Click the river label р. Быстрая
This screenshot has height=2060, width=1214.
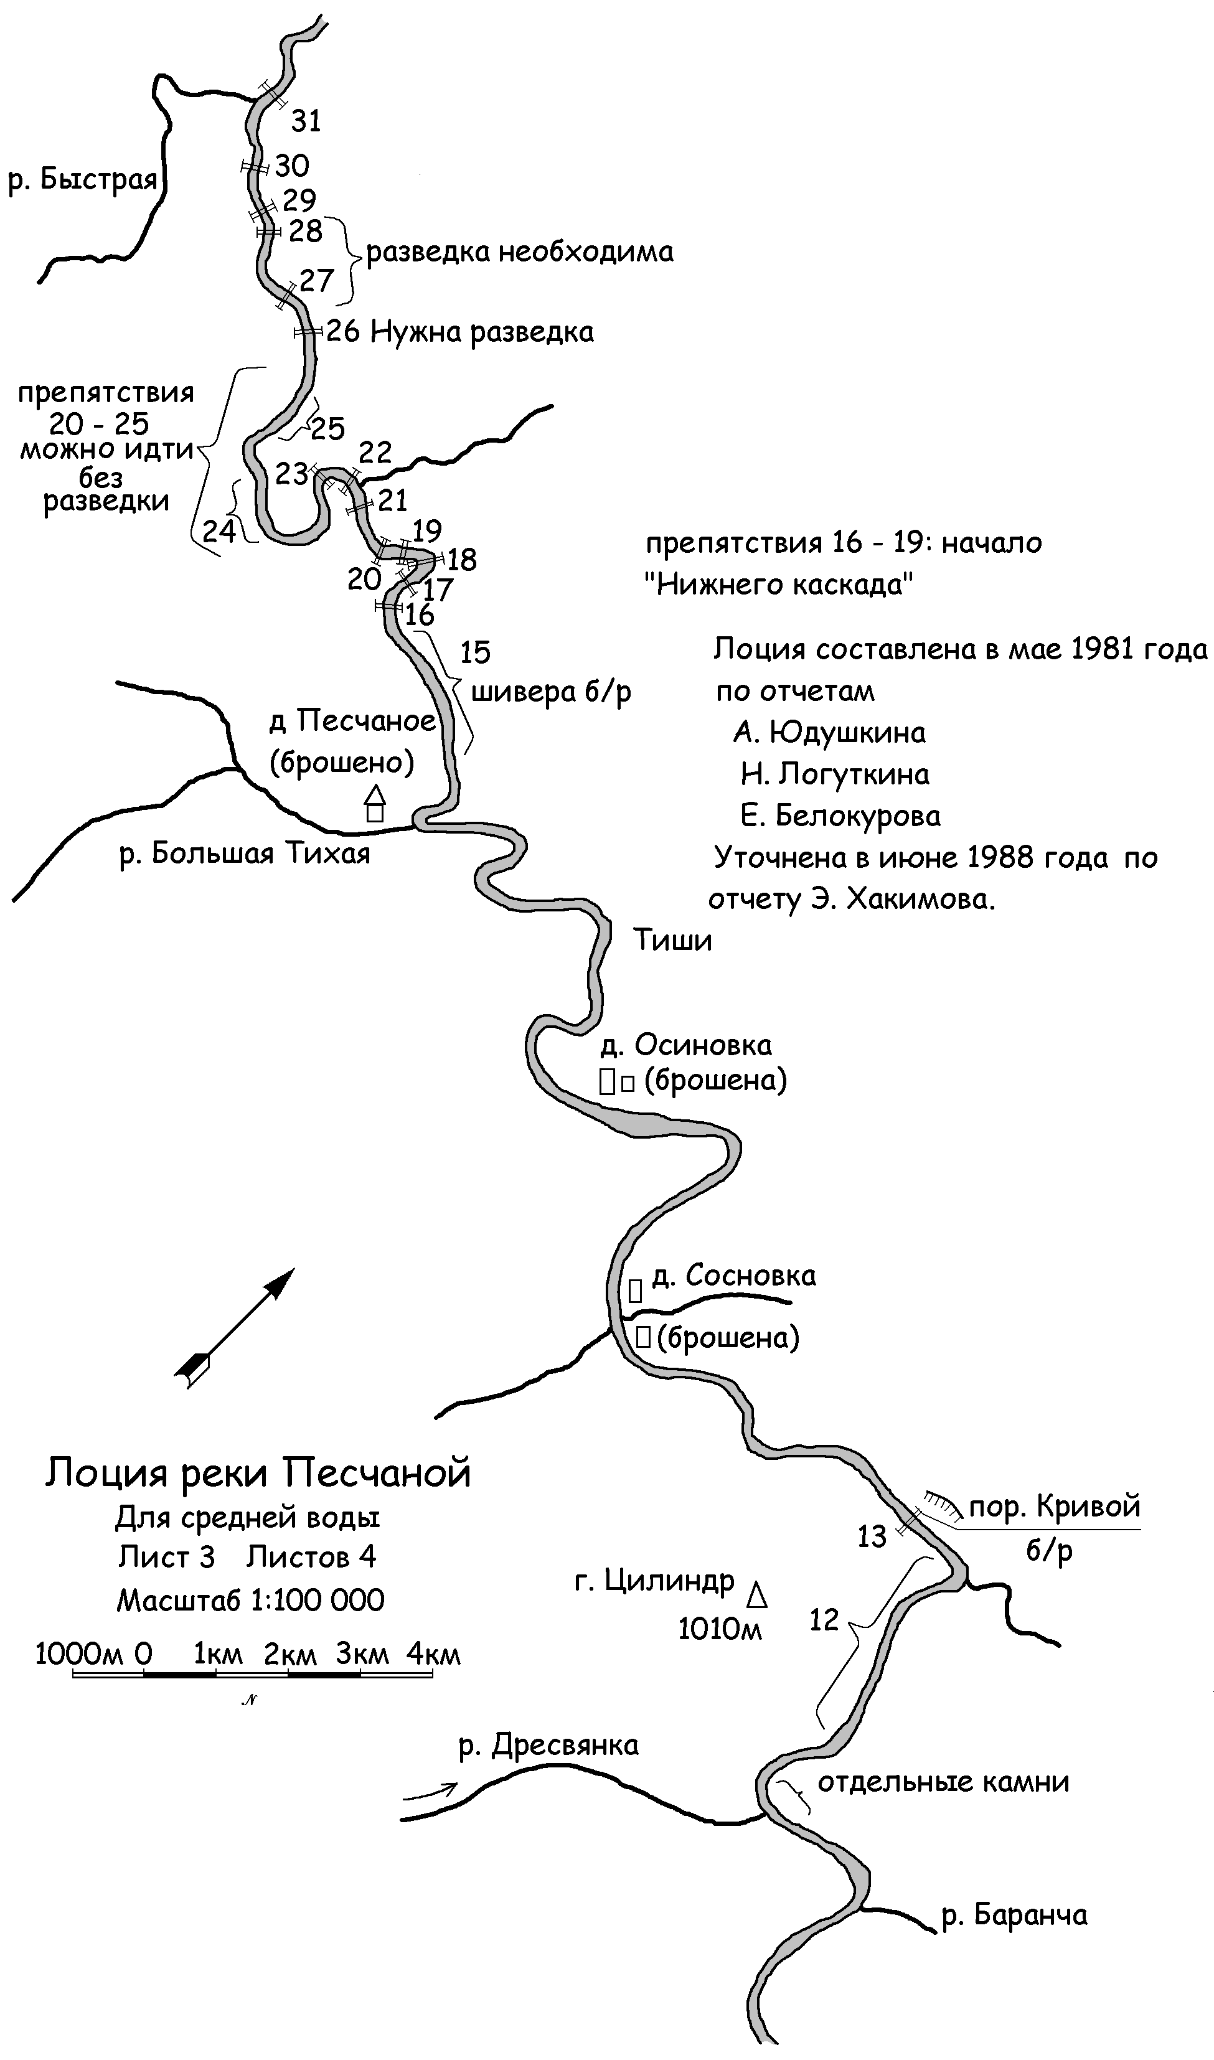point(82,179)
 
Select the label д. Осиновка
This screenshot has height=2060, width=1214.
point(686,1045)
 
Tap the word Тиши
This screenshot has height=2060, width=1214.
point(672,941)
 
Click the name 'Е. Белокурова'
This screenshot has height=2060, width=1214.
point(840,816)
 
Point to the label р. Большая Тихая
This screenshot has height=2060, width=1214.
point(245,854)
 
